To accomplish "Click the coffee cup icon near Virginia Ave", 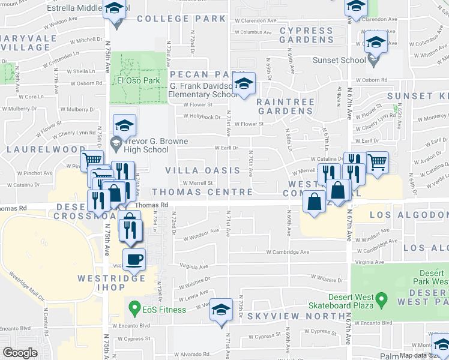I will [x=135, y=259].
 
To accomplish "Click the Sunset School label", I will [x=339, y=60].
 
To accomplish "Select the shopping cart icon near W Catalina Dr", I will [x=377, y=161].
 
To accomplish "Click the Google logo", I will [x=20, y=353].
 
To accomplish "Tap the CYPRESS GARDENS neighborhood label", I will [x=306, y=35].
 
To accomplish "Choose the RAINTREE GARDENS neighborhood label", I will [x=285, y=107].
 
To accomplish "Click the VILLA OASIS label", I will [x=202, y=171].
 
